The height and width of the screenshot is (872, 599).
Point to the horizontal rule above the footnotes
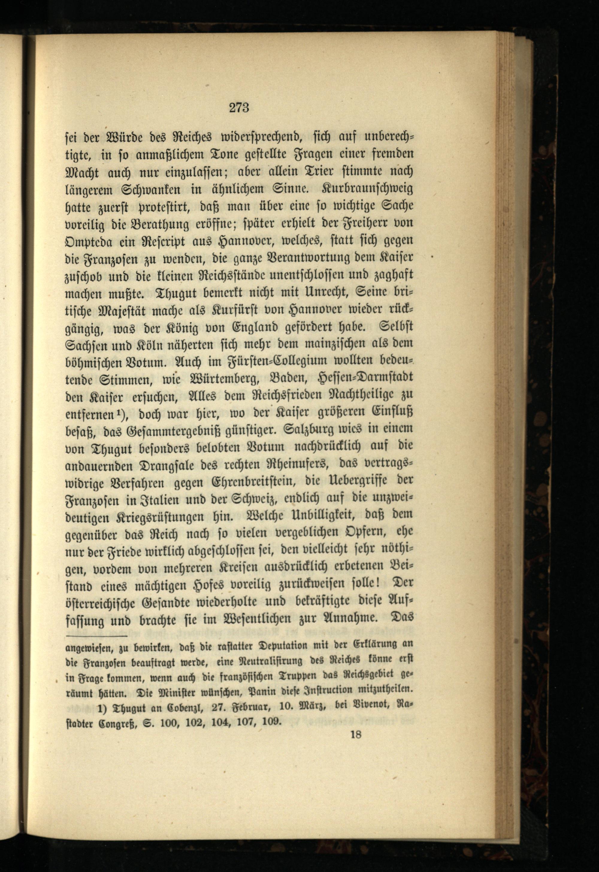click(97, 636)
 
